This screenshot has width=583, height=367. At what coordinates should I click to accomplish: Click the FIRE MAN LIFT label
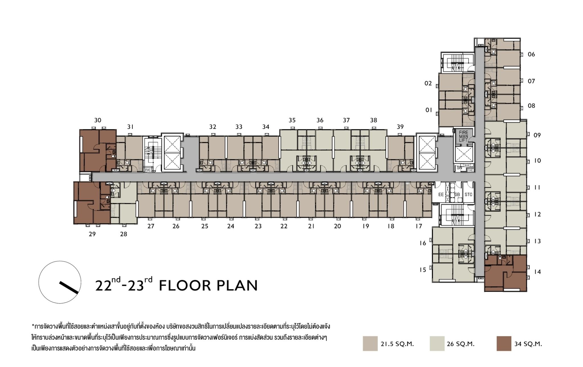pyautogui.click(x=463, y=136)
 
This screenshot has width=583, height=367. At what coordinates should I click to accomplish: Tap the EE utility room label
pyautogui.click(x=441, y=195)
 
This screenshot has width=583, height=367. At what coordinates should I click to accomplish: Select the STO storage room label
pyautogui.click(x=468, y=195)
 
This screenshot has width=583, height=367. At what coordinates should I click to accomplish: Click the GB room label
pyautogui.click(x=457, y=195)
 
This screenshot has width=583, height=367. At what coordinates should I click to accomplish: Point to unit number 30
pyautogui.click(x=98, y=120)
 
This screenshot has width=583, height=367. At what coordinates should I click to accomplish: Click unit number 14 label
pyautogui.click(x=537, y=272)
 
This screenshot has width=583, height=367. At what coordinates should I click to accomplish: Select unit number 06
pyautogui.click(x=531, y=54)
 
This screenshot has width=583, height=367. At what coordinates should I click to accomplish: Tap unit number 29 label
pyautogui.click(x=92, y=234)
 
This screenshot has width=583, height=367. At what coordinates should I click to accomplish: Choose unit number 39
pyautogui.click(x=400, y=127)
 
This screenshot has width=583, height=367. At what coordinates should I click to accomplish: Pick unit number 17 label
pyautogui.click(x=419, y=226)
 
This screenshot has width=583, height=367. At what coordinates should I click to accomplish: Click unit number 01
pyautogui.click(x=429, y=110)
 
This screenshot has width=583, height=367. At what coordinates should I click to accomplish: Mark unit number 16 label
pyautogui.click(x=423, y=243)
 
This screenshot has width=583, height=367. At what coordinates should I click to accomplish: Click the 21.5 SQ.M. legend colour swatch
pyautogui.click(x=370, y=344)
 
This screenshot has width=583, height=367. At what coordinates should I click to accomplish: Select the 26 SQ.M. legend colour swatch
pyautogui.click(x=437, y=344)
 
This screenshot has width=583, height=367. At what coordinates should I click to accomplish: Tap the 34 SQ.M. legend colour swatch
pyautogui.click(x=504, y=344)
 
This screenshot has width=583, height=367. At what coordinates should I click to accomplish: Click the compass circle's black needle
pyautogui.click(x=69, y=288)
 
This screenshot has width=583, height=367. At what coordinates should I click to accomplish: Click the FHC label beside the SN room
pyautogui.click(x=470, y=170)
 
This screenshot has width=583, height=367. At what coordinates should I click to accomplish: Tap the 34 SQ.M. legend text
pyautogui.click(x=528, y=344)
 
